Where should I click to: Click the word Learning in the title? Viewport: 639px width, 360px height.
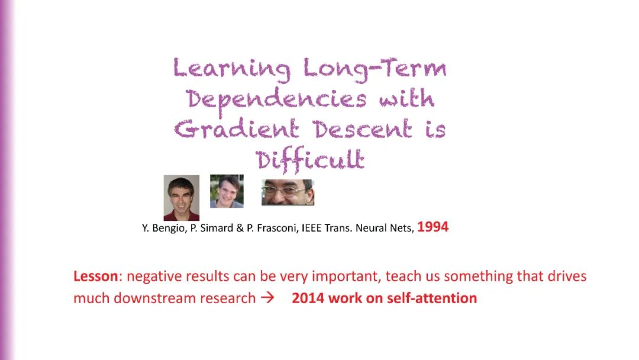click(231, 69)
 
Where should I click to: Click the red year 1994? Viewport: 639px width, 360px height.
click(433, 227)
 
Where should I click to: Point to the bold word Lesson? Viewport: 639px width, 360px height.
click(96, 276)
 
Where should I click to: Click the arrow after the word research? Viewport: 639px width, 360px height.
click(267, 298)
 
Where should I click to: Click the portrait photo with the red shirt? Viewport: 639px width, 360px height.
click(182, 198)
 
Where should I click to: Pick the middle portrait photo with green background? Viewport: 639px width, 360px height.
click(227, 191)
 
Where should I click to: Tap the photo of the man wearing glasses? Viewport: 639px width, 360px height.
click(288, 192)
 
